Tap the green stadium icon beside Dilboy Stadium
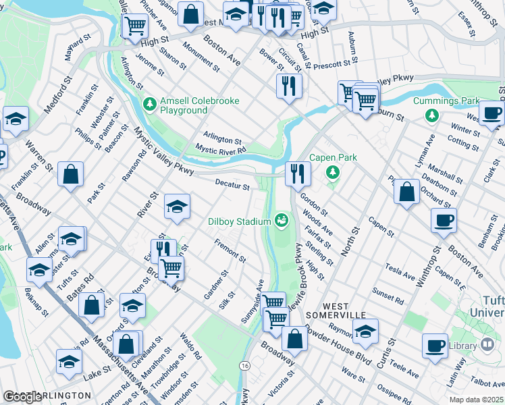pos(281,219)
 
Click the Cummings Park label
pos(471,101)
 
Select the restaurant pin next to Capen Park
pos(297,174)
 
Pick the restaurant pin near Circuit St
pos(288,86)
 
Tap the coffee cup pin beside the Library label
pos(435,346)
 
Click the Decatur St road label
pos(232,183)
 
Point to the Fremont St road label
pos(230,250)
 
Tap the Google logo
pos(22,397)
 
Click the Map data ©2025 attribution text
pos(476,400)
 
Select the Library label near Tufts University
pos(462,346)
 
